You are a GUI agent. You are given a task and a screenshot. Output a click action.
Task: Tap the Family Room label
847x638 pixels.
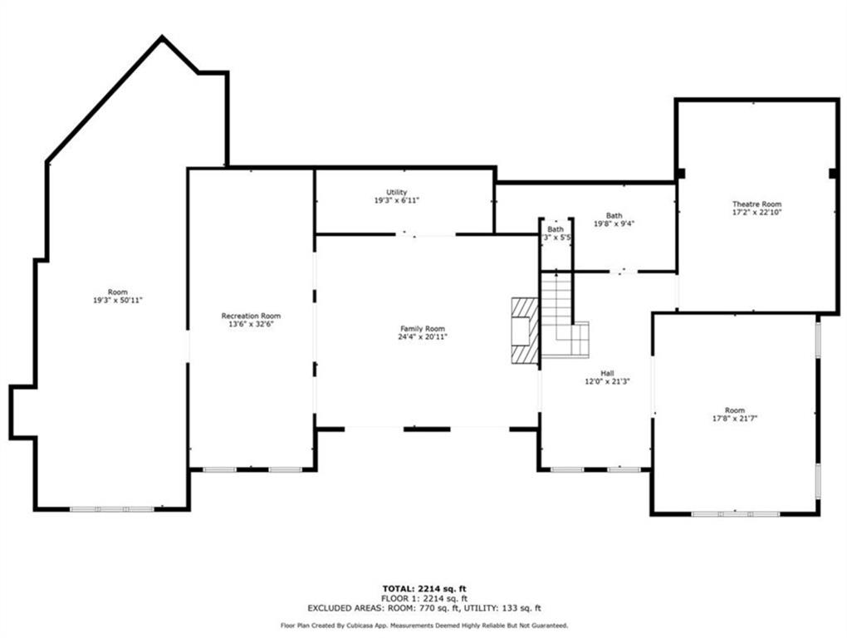pyautogui.click(x=423, y=329)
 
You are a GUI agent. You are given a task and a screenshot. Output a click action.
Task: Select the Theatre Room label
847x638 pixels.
pyautogui.click(x=756, y=204)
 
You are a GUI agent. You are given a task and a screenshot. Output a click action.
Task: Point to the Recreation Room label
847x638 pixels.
pyautogui.click(x=251, y=316)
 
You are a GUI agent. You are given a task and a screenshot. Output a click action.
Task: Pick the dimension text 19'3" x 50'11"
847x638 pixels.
pyautogui.click(x=118, y=300)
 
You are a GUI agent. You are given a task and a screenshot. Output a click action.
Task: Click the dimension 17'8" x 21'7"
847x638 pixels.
pyautogui.click(x=735, y=419)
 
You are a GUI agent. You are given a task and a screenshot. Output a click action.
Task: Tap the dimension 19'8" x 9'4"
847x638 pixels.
pyautogui.click(x=614, y=223)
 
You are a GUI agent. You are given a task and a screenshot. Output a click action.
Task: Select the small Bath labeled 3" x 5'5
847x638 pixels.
pyautogui.click(x=556, y=229)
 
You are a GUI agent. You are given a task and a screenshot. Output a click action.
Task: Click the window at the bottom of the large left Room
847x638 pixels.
pyautogui.click(x=110, y=508)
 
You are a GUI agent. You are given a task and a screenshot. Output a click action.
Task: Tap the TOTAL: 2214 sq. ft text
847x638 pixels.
pyautogui.click(x=423, y=589)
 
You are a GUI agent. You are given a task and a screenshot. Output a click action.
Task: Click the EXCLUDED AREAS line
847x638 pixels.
pyautogui.click(x=423, y=608)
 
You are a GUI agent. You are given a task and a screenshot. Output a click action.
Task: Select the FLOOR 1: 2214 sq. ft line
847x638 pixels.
pyautogui.click(x=423, y=598)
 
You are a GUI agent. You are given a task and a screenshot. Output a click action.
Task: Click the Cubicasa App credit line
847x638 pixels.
pyautogui.click(x=423, y=626)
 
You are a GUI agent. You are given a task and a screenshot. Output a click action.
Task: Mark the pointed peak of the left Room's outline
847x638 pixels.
pyautogui.click(x=162, y=38)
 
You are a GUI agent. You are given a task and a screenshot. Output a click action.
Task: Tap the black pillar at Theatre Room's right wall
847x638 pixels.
pyautogui.click(x=832, y=173)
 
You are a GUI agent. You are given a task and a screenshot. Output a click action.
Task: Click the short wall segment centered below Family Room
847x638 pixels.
pyautogui.click(x=427, y=429)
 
